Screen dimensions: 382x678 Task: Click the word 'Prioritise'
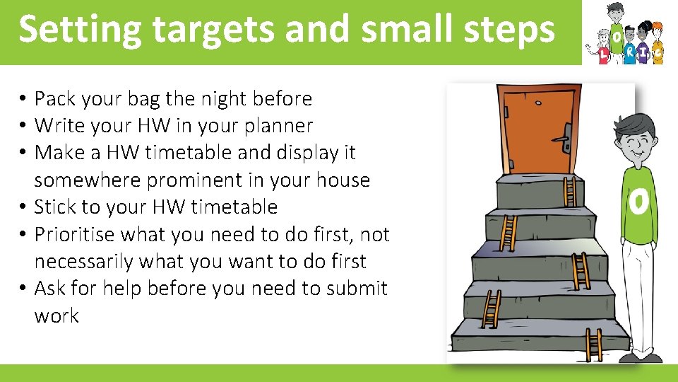[x=79, y=234]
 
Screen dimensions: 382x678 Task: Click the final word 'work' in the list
[x=56, y=316]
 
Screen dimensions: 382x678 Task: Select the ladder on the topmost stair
[x=569, y=190]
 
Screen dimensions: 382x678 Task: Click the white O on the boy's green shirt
[x=638, y=202]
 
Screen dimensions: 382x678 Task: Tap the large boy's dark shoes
[x=640, y=358]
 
